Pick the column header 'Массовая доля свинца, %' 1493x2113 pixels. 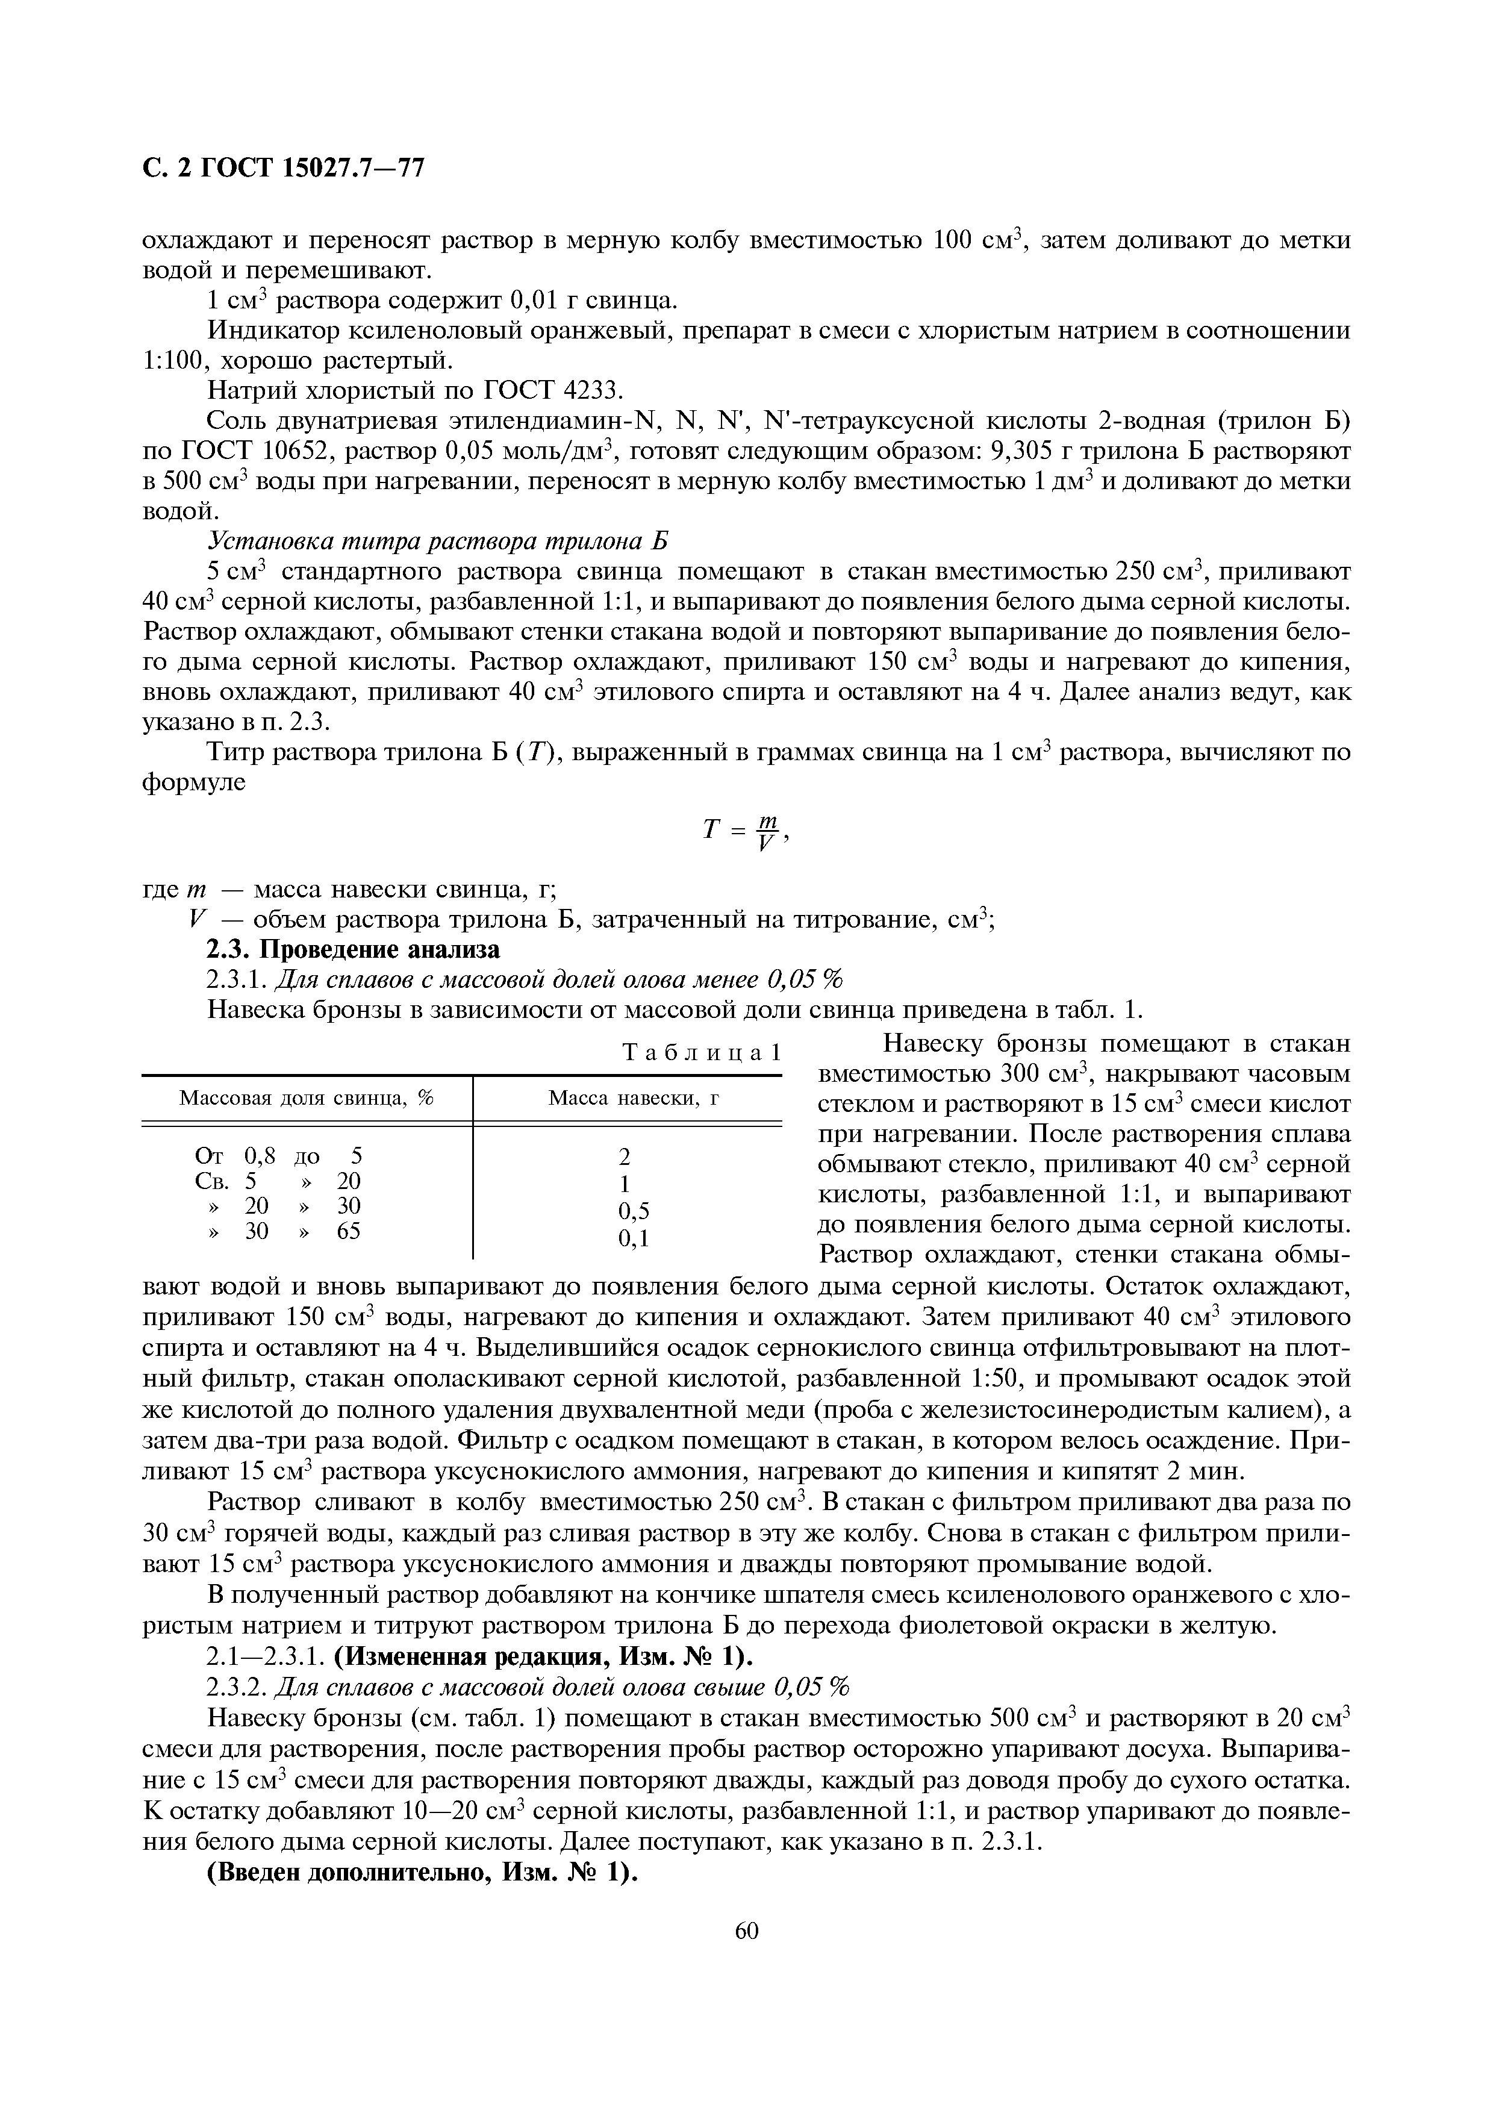tap(307, 1098)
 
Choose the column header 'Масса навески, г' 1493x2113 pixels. tap(634, 1098)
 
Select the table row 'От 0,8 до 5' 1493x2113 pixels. tap(279, 1155)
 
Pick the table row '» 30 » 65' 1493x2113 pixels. tap(279, 1231)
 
